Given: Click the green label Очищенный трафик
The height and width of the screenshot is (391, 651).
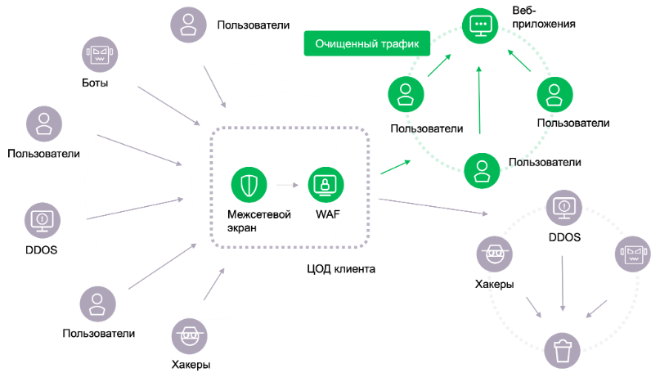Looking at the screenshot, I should pos(367,44).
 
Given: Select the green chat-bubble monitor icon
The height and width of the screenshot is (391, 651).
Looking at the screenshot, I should pos(478,26).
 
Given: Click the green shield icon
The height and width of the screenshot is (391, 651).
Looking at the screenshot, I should pos(249,185).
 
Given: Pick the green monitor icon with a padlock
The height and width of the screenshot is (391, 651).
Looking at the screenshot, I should pos(326,185).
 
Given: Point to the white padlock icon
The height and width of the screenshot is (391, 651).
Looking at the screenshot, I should pos(230,214).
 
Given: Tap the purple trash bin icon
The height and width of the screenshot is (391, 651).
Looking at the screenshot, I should pos(563,353).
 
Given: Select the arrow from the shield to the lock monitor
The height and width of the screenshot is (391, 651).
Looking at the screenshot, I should pos(288,185).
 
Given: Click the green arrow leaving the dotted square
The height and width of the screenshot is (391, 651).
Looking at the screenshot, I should pos(395,167).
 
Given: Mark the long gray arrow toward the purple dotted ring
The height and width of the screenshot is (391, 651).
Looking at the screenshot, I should pos(433,206).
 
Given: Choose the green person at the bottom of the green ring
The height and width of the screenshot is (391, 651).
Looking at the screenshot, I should pos(482,171).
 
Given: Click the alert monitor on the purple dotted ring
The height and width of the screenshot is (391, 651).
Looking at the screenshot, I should pos(563,206).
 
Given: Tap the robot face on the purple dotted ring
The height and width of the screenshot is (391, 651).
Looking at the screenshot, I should pos(632,254).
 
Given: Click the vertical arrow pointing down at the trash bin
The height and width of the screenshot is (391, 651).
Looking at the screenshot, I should pos(563,282).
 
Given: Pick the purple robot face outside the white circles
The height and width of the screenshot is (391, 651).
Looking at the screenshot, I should pos(99,55).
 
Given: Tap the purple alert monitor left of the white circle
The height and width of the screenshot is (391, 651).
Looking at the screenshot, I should pos(43,219).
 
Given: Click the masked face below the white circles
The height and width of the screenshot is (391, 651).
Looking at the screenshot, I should pos(190,335).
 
